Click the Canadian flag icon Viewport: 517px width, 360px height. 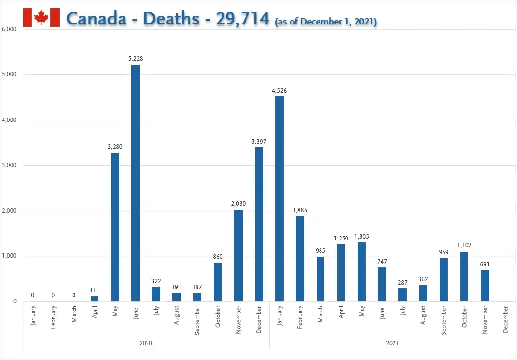41,18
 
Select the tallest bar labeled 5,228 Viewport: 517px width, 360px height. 136,183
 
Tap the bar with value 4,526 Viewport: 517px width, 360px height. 279,199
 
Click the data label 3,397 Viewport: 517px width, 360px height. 259,142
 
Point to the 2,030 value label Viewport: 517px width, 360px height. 238,204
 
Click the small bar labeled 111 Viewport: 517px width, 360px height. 94,299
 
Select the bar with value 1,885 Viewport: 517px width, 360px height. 300,259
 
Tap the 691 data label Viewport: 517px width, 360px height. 485,264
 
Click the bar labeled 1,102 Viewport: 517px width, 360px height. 464,277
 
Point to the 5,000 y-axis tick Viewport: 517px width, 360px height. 9,74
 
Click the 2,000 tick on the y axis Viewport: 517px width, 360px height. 9,211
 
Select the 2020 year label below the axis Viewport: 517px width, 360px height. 146,343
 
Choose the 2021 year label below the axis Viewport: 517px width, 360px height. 393,343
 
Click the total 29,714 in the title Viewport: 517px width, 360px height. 243,19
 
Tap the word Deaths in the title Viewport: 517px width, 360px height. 171,18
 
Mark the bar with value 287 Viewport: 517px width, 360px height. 403,295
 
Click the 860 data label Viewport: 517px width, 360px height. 218,257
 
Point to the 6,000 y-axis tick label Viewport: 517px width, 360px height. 9,29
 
